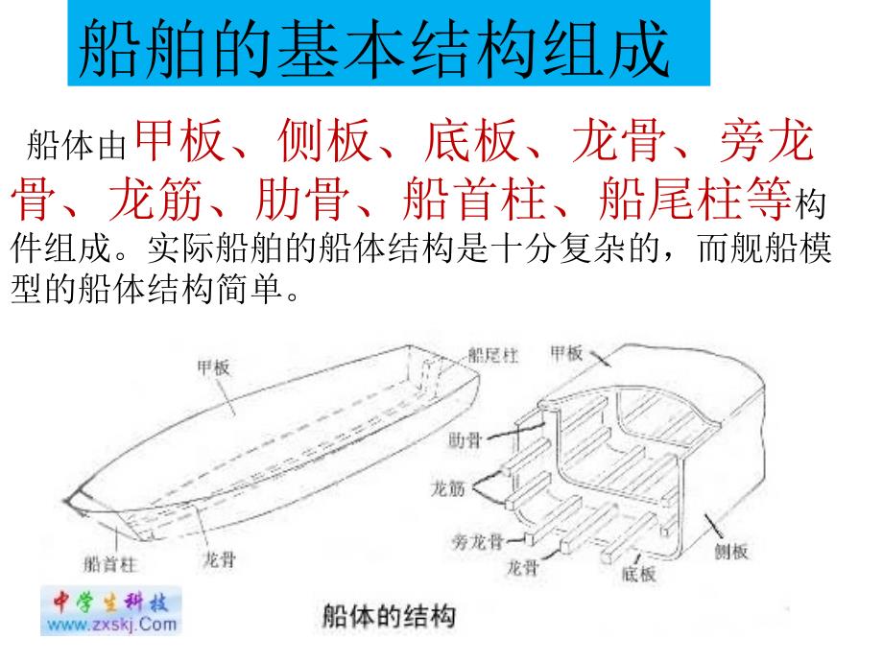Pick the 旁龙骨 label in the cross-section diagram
[x=479, y=540]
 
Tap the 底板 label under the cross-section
[x=639, y=574]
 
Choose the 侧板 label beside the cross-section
[x=731, y=551]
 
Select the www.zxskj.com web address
[x=111, y=625]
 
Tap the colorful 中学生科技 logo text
[x=110, y=603]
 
